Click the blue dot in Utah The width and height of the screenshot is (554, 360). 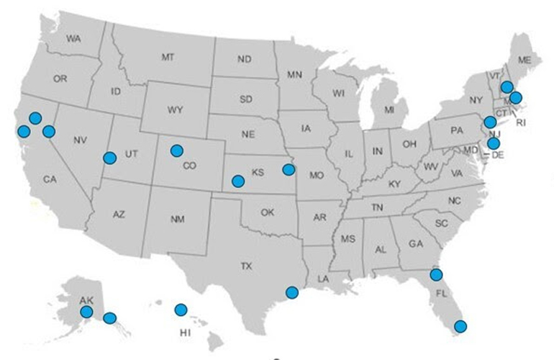click(x=109, y=158)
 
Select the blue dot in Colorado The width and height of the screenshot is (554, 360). click(x=176, y=150)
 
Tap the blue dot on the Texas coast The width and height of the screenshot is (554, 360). click(x=291, y=292)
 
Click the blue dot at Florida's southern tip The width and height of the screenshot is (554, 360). click(x=460, y=326)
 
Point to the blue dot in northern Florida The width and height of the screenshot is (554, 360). click(x=436, y=274)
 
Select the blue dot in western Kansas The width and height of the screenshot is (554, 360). click(x=238, y=181)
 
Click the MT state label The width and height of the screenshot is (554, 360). click(x=168, y=56)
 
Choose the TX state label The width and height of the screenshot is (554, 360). click(x=247, y=266)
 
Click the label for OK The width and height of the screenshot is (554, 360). click(x=268, y=212)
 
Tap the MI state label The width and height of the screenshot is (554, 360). click(x=389, y=110)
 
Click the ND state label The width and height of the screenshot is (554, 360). click(x=244, y=59)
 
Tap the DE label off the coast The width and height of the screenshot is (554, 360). click(x=497, y=154)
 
